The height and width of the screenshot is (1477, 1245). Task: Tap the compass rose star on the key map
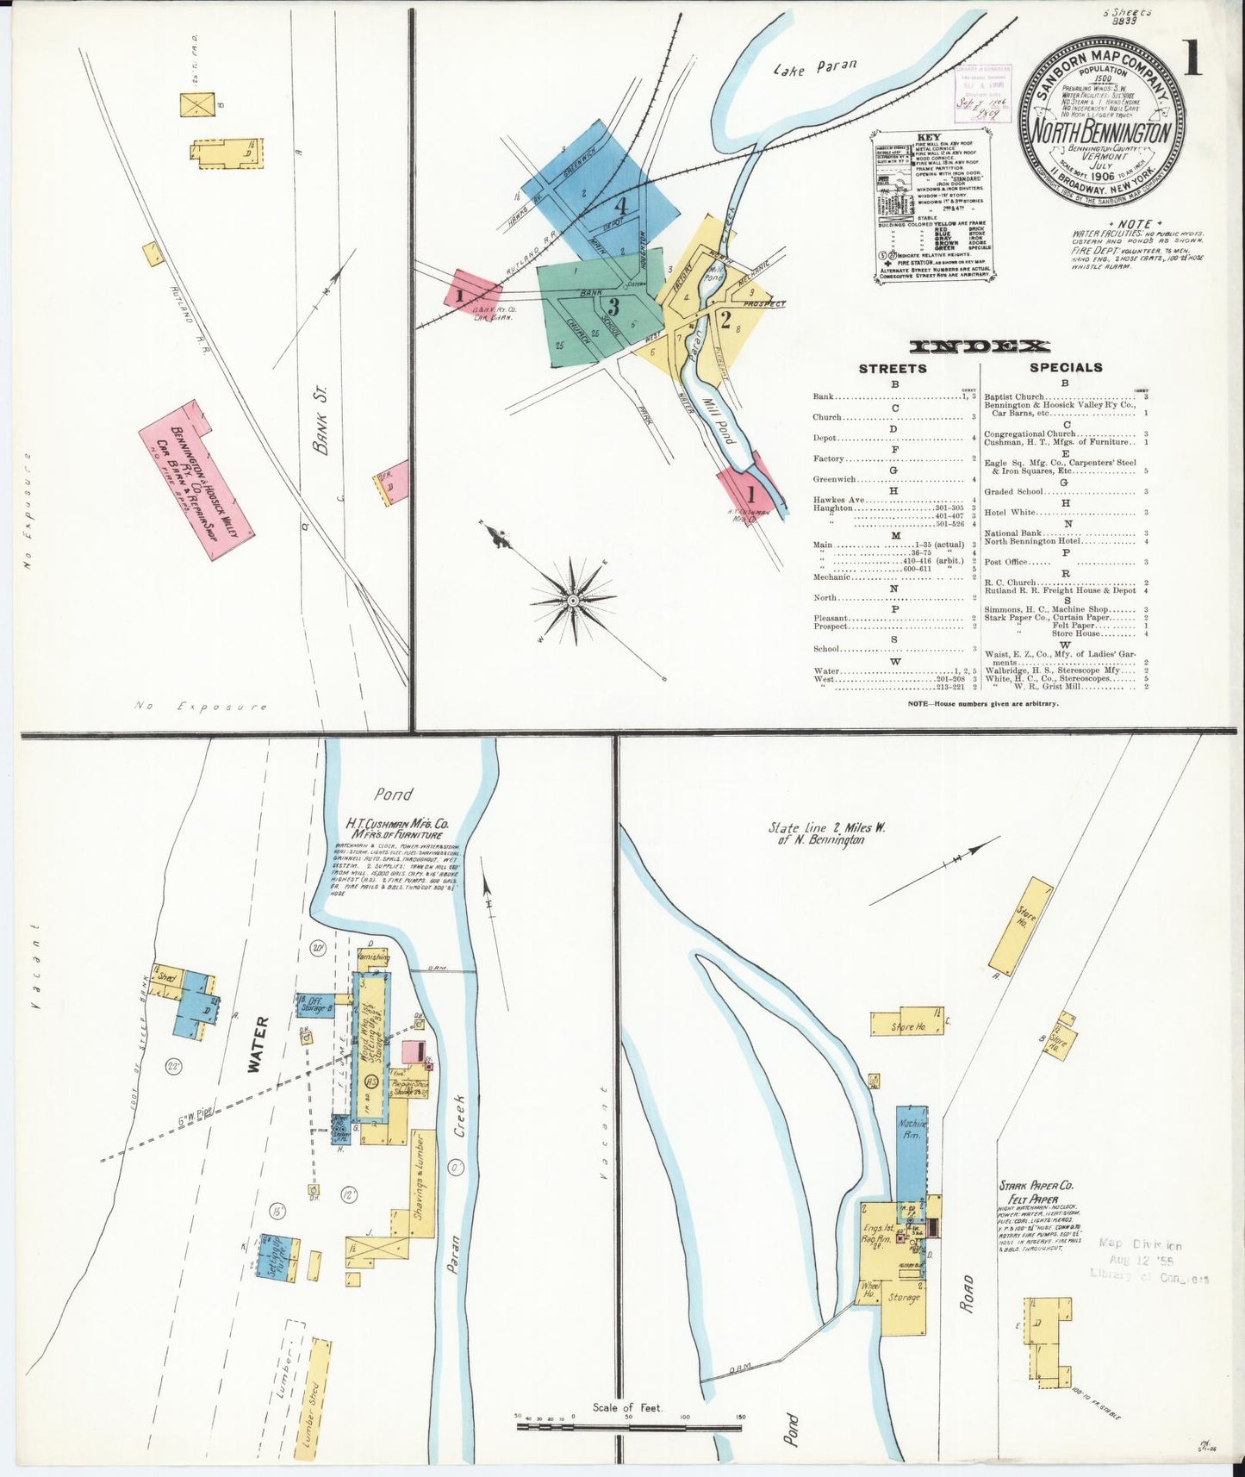point(573,598)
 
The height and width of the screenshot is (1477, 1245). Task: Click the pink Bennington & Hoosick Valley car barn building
point(196,479)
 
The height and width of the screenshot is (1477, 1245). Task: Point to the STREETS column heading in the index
point(893,368)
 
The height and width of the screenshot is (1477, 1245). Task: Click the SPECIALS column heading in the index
point(1066,367)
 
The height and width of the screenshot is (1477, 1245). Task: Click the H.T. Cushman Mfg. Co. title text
point(396,824)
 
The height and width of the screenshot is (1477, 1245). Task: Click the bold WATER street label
point(259,1045)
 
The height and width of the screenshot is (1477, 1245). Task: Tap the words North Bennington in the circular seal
point(1101,132)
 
